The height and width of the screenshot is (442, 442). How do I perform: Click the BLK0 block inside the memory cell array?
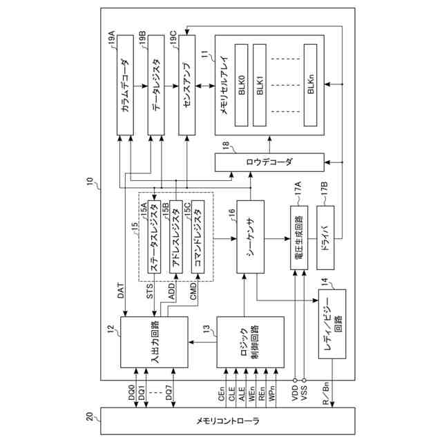pos(242,85)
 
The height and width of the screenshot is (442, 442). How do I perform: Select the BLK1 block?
pos(260,85)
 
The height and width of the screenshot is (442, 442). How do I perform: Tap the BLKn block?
pos(310,85)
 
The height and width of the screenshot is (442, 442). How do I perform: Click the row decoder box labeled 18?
pos(269,162)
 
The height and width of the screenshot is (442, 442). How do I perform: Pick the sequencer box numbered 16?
pos(250,237)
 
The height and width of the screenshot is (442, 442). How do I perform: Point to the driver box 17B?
pos(325,238)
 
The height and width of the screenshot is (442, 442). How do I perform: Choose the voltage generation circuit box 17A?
pos(299,238)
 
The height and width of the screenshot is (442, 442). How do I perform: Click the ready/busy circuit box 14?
pos(332,324)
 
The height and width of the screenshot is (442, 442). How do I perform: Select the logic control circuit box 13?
pos(250,343)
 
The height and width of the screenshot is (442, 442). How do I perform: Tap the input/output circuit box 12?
pos(154,343)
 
